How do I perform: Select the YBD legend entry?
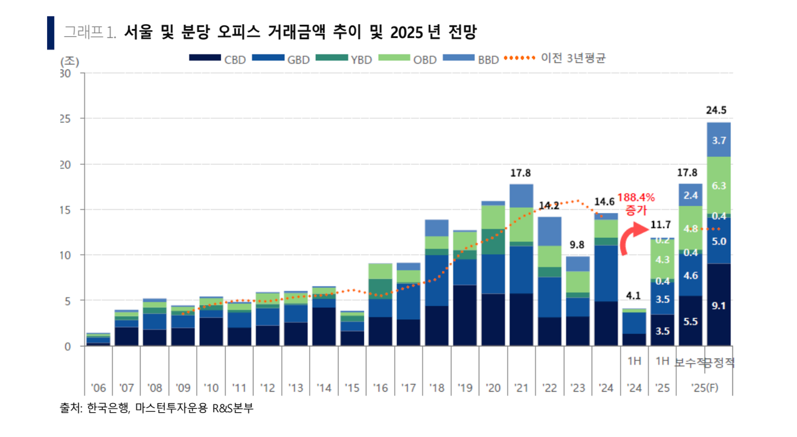pos(347,59)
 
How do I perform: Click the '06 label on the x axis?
pos(98,388)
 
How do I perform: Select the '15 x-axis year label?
pos(352,388)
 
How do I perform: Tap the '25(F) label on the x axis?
pos(705,388)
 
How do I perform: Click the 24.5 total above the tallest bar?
pos(719,110)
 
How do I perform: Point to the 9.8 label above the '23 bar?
pos(577,245)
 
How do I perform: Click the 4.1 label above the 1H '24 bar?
pos(634,296)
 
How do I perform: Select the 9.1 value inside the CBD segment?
pos(719,306)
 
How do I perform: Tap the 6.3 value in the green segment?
pos(719,186)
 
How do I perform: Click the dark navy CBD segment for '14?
pos(324,327)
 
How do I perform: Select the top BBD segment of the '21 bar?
pos(521,196)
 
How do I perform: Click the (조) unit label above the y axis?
pos(69,61)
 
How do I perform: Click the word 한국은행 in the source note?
pos(104,409)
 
